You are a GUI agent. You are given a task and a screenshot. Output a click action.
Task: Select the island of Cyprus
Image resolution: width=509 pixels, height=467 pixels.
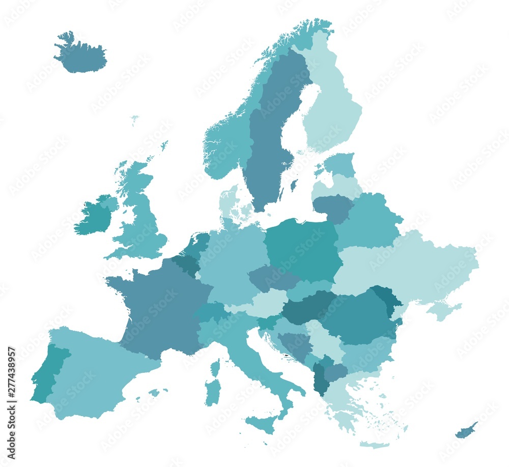[466, 430]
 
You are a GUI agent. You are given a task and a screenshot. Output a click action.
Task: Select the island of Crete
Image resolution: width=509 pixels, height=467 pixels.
[374, 445]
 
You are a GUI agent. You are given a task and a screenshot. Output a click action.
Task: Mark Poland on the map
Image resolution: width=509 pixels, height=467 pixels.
[303, 249]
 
